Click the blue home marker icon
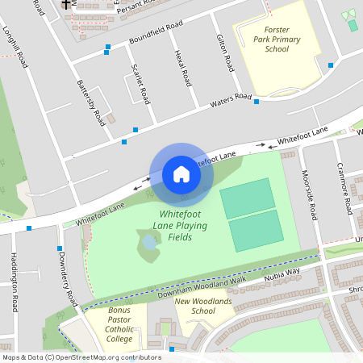coord(181,174)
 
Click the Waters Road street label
coord(232,102)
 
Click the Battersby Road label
coord(90,102)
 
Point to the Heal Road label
coord(182,68)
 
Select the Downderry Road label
coord(67,277)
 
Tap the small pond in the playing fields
coord(149,241)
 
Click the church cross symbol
coord(66,5)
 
